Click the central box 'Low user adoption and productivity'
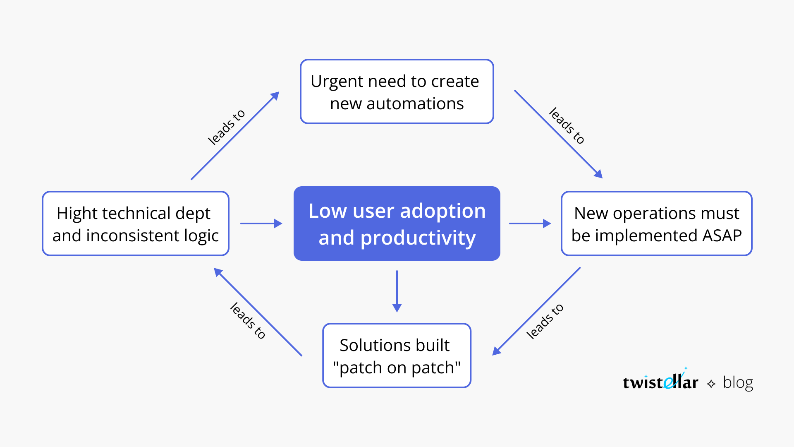(x=397, y=223)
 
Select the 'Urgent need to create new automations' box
(x=397, y=91)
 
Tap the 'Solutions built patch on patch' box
(x=397, y=356)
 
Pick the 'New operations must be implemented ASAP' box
(x=656, y=223)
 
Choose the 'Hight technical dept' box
(x=136, y=223)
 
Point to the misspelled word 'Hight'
(x=77, y=214)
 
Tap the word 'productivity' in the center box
(x=418, y=238)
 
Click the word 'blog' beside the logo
(x=738, y=382)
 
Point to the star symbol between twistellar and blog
(x=711, y=384)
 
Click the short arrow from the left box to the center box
(x=261, y=223)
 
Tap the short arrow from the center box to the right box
(x=530, y=223)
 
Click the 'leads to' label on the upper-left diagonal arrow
(x=226, y=127)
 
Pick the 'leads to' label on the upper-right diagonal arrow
(x=567, y=126)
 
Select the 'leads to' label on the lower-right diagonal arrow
(x=545, y=321)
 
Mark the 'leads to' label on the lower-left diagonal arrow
(x=248, y=321)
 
